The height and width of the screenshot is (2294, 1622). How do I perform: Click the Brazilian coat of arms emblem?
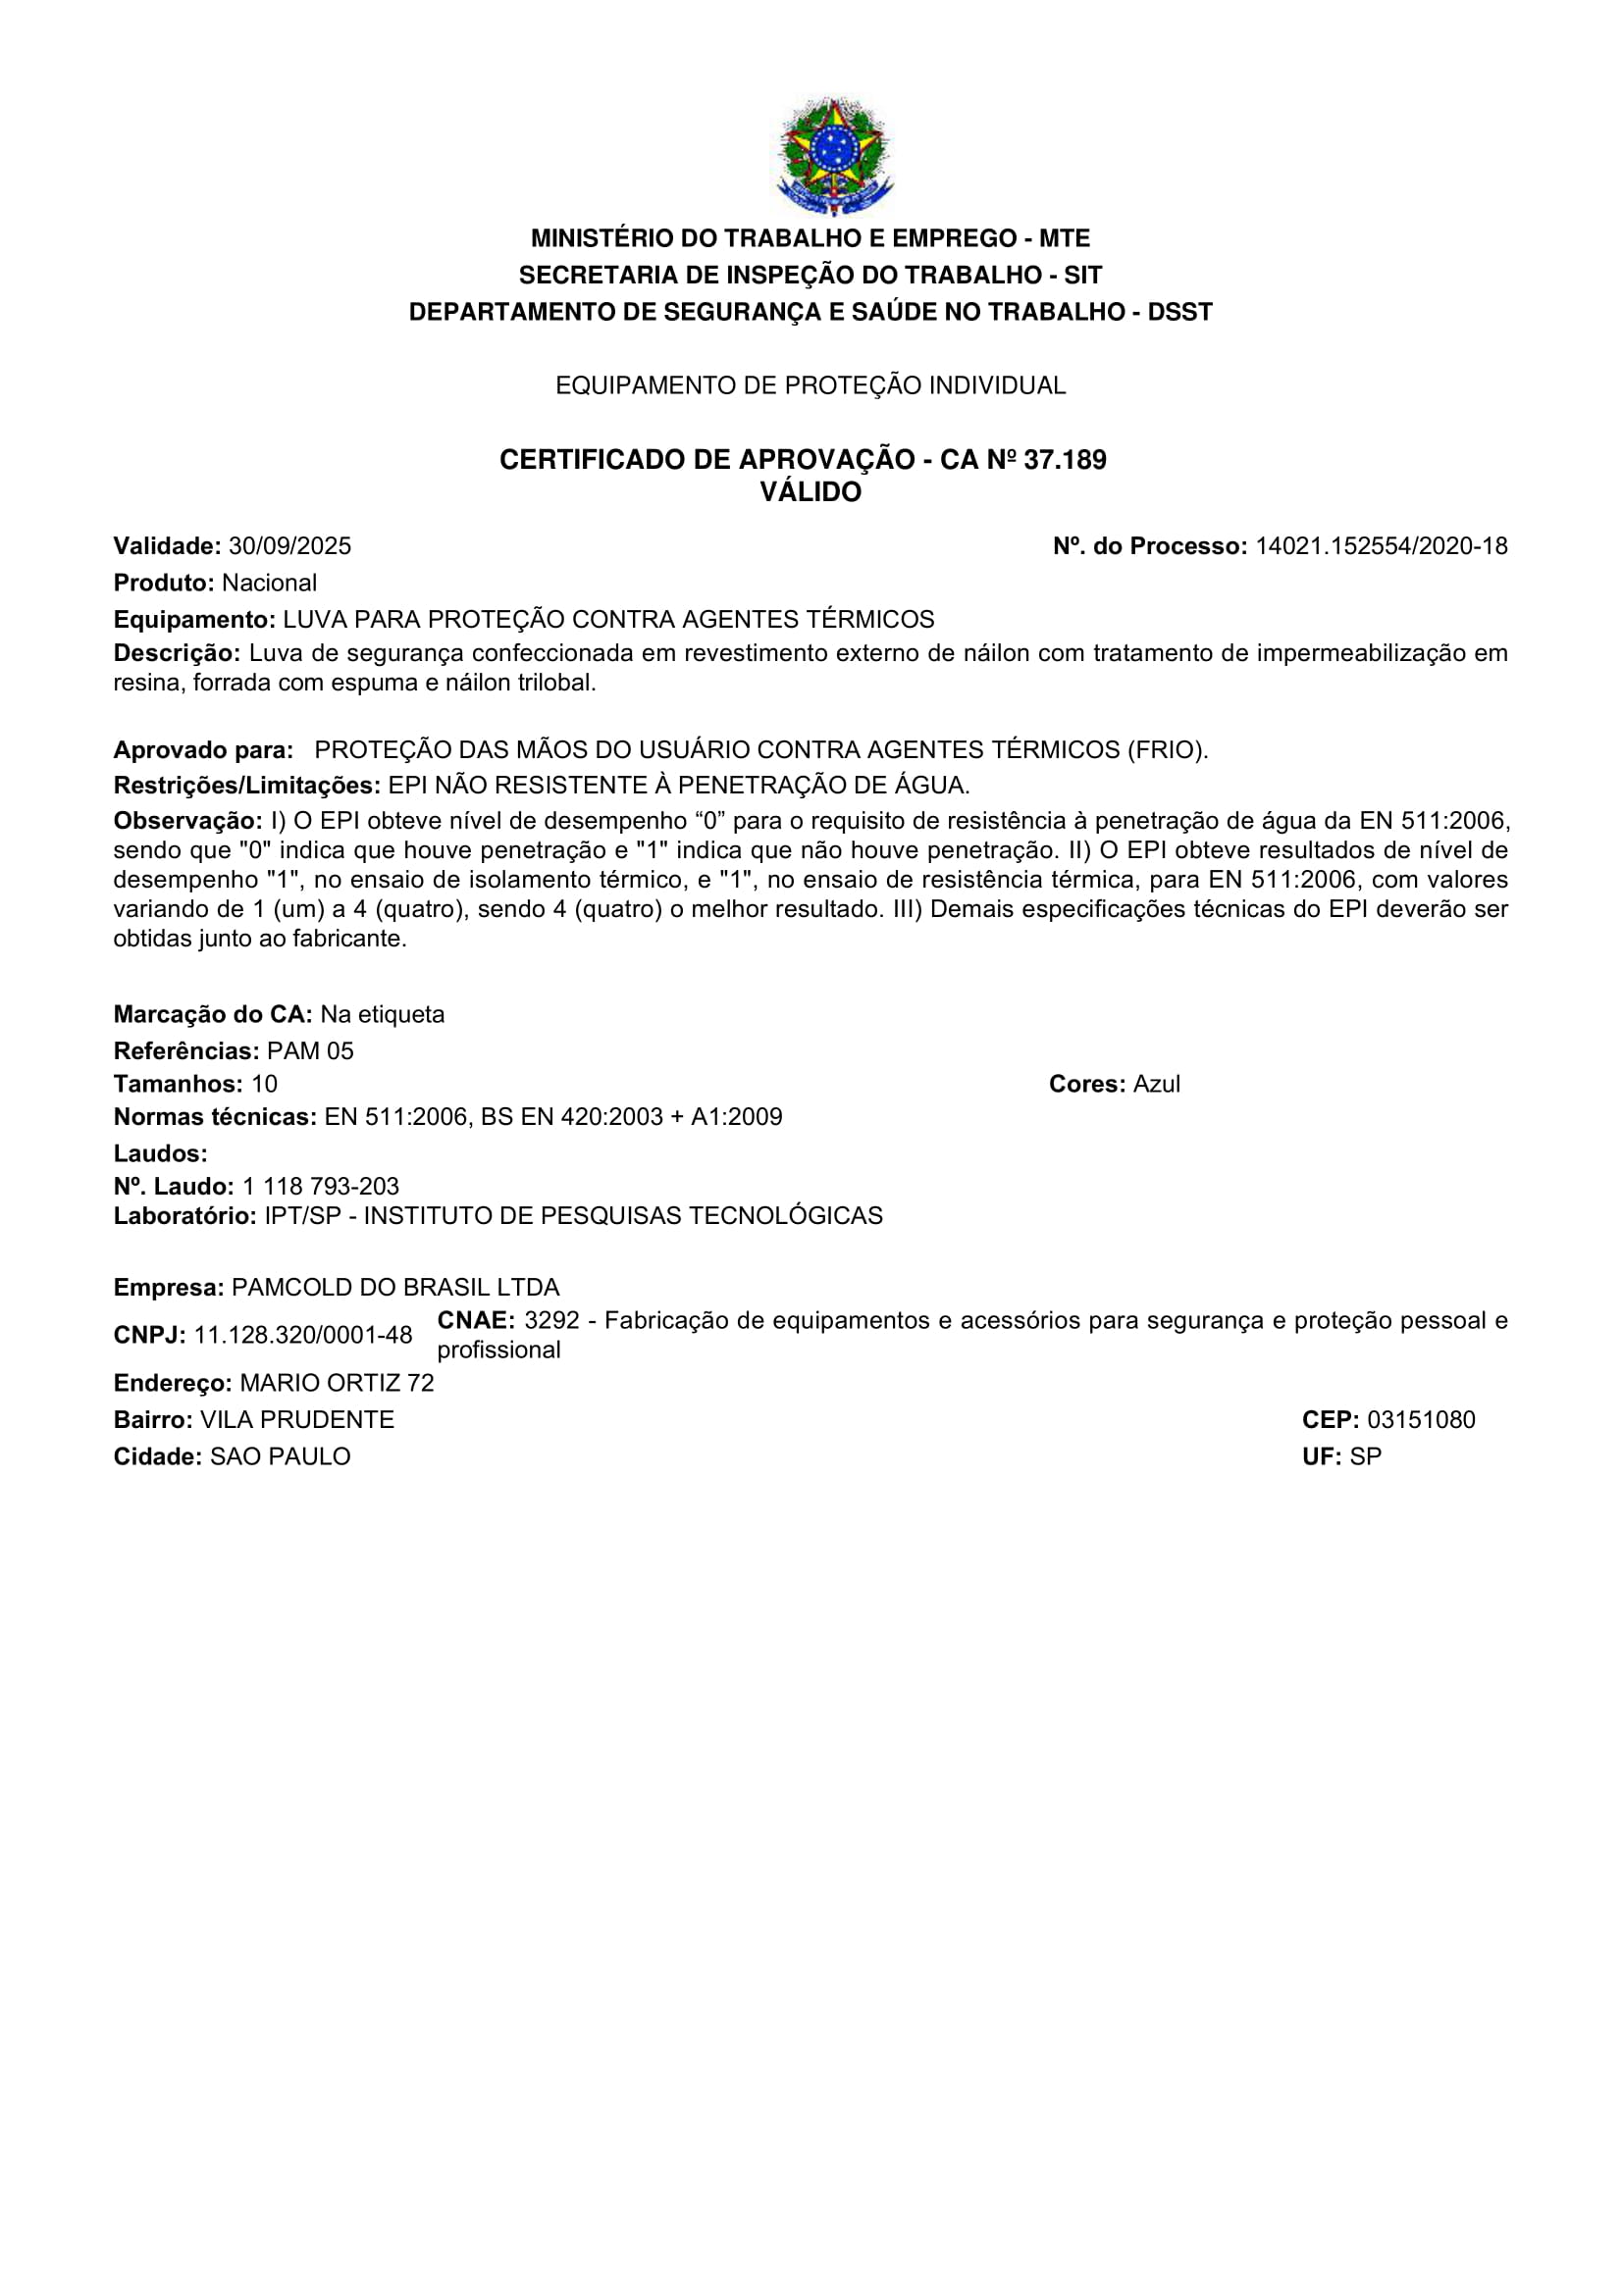(x=833, y=155)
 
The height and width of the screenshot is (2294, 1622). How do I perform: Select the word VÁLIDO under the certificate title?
(x=811, y=492)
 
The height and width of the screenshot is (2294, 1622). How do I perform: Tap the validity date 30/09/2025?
(x=289, y=546)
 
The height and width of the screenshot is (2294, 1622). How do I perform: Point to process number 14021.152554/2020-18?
(x=1382, y=546)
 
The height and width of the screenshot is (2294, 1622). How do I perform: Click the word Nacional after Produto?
(x=269, y=583)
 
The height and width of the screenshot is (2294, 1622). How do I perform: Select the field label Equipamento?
(x=194, y=620)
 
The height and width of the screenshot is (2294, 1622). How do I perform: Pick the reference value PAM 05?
(x=310, y=1051)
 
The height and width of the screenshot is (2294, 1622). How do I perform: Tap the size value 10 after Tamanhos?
(x=264, y=1084)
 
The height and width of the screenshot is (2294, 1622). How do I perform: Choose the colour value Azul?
(x=1156, y=1084)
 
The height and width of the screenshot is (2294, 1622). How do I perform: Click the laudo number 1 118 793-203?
(x=320, y=1186)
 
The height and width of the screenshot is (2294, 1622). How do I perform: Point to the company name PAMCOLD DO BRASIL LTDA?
(x=394, y=1288)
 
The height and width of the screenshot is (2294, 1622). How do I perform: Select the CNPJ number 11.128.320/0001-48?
(x=303, y=1336)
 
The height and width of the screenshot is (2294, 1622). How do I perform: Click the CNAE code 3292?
(x=551, y=1321)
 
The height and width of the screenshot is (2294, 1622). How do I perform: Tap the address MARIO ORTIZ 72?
(x=337, y=1383)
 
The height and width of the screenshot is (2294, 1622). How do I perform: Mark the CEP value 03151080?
(x=1420, y=1420)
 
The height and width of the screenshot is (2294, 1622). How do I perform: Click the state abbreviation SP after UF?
(x=1365, y=1456)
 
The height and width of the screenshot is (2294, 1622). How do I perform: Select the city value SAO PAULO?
(x=280, y=1456)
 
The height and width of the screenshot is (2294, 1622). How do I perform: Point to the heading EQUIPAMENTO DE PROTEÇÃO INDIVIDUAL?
(x=811, y=385)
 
